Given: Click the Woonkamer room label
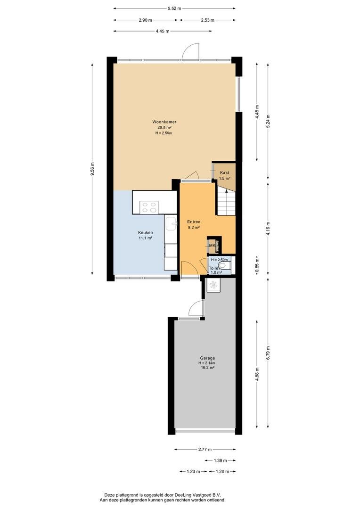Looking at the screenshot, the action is [164, 122].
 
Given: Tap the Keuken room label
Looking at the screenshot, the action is [146, 233].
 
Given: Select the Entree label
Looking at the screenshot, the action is [194, 222].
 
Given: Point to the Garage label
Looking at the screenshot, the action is [207, 358].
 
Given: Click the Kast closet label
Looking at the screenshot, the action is [224, 172].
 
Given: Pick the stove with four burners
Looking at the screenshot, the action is [149, 207].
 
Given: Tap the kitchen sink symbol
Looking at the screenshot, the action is [171, 224].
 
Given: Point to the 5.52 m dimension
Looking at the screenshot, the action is [174, 9].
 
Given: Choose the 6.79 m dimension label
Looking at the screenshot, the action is [268, 353].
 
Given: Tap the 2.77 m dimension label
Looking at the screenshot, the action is [205, 450].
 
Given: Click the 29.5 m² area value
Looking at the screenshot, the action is [164, 128].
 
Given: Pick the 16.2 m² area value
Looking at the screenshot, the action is [207, 368].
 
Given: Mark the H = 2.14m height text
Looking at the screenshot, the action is [207, 363].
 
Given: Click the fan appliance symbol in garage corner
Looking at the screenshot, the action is [213, 285].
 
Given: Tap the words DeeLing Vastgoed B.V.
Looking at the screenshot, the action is [198, 495].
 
